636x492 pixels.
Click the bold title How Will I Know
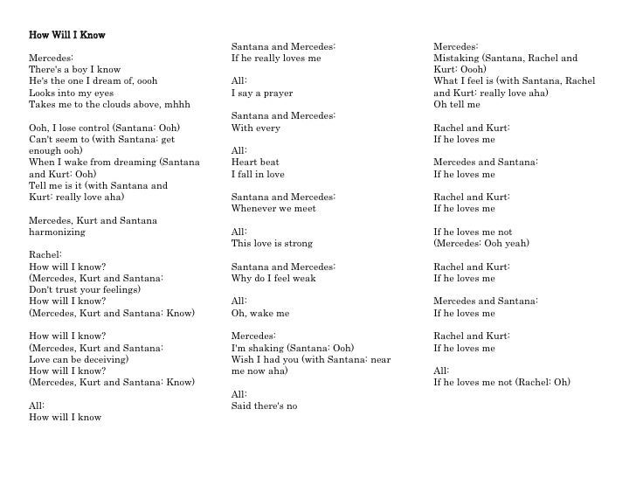tap(67, 35)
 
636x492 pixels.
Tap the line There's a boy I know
tap(75, 69)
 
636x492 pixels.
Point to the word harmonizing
tap(58, 232)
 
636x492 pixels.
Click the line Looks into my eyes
tap(72, 93)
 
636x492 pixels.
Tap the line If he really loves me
tap(276, 58)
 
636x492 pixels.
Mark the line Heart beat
tap(255, 163)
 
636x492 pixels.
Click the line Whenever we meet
tap(273, 209)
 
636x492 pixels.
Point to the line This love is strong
tap(272, 244)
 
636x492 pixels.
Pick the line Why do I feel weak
tap(273, 279)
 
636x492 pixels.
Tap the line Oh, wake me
tap(260, 313)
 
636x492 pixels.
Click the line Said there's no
tap(264, 405)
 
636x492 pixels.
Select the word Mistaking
tap(457, 58)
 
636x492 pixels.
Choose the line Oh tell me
tap(457, 104)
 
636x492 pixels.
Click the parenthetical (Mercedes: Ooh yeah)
tap(481, 244)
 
